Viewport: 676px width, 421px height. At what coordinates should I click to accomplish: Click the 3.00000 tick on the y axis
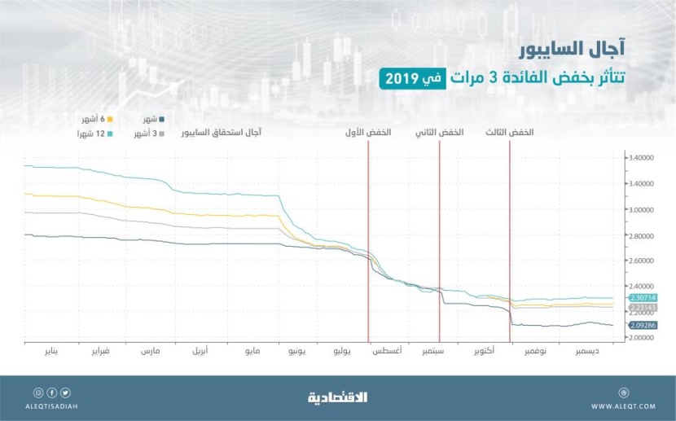click(642, 209)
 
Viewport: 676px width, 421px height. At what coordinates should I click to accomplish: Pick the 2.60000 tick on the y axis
click(642, 261)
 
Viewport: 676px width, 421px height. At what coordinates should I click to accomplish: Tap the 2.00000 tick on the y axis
click(642, 337)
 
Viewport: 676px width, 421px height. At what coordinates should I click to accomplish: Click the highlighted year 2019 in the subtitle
click(400, 78)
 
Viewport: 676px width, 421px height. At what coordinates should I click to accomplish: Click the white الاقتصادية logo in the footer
click(338, 397)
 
